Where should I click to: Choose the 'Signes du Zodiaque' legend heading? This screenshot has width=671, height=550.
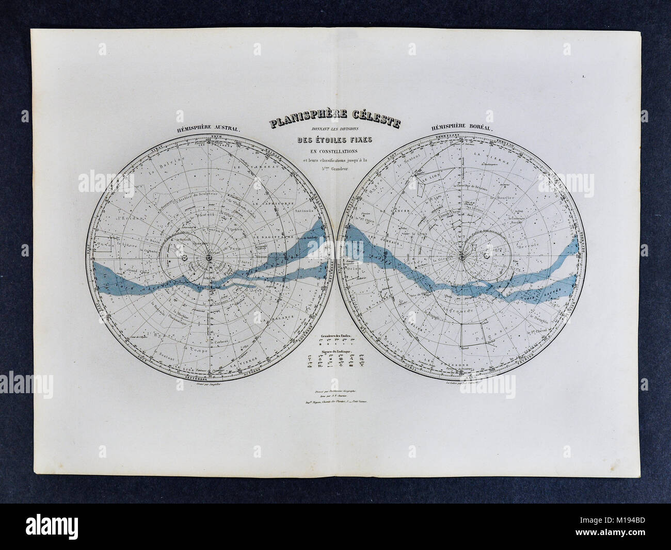pyautogui.click(x=335, y=350)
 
